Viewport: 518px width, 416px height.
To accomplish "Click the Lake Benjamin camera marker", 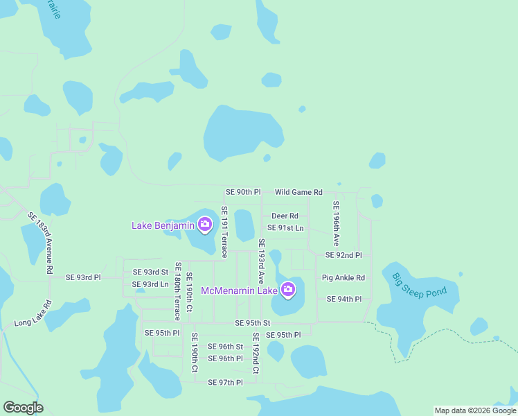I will (205, 224).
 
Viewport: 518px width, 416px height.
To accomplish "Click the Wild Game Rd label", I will (298, 192).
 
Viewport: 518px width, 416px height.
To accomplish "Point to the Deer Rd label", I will (285, 216).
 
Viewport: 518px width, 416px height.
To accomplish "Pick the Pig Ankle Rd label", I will (343, 278).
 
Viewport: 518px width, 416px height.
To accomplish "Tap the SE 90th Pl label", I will (243, 192).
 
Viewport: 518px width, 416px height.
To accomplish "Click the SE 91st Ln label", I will (285, 227).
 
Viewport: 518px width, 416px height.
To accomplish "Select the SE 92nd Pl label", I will (343, 255).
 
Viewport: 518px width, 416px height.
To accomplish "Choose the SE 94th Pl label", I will (343, 299).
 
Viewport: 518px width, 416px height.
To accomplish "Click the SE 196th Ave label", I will (336, 224).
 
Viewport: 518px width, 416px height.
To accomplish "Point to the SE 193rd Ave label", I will (262, 261).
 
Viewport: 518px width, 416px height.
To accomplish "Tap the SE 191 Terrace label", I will (224, 232).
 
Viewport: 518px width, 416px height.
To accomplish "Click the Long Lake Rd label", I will (33, 314).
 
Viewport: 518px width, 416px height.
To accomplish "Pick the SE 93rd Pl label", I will (83, 277).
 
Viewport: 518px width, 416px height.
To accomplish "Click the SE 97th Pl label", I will (226, 383).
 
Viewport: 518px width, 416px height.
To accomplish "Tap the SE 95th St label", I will (252, 323).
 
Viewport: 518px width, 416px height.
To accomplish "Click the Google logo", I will (23, 408).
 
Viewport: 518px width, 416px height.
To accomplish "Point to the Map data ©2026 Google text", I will (475, 410).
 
